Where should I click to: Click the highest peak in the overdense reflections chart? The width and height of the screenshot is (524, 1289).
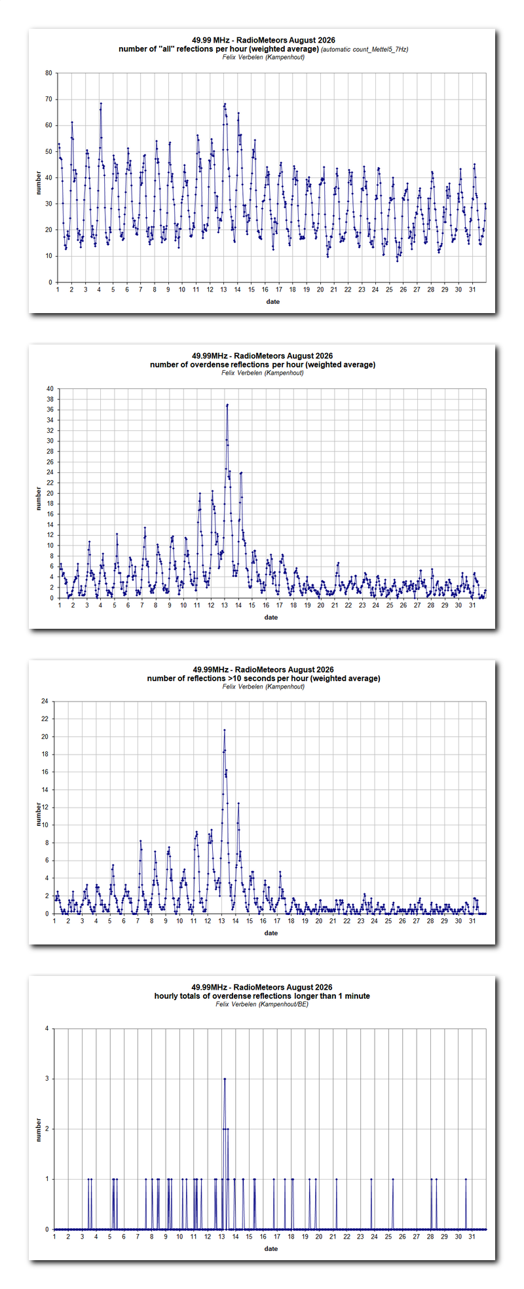(227, 405)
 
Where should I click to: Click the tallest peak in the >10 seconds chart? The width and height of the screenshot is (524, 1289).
(225, 730)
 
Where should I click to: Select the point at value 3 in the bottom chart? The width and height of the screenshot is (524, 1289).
(225, 1079)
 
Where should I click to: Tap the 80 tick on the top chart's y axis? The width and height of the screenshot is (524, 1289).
(48, 73)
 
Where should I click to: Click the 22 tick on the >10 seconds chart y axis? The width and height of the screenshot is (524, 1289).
(45, 719)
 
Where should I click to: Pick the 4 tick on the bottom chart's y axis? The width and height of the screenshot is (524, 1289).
(47, 1029)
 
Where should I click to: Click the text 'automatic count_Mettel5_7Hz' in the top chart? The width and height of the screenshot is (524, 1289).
(365, 50)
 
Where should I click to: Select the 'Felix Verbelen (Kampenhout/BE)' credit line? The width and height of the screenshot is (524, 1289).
(262, 1004)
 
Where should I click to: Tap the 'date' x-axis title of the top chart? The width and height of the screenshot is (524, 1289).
(273, 302)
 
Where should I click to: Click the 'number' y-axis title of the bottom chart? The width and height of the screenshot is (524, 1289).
(39, 1130)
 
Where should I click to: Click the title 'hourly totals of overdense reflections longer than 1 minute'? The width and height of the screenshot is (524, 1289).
(262, 996)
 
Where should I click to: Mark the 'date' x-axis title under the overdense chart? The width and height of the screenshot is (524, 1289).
(271, 618)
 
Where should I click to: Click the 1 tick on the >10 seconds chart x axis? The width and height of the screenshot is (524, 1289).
(54, 921)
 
